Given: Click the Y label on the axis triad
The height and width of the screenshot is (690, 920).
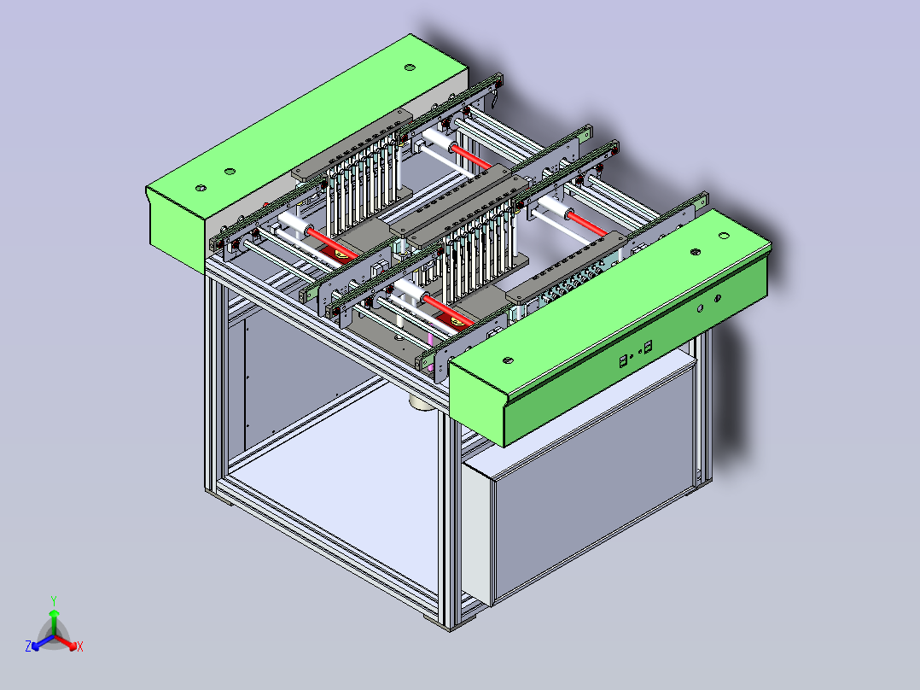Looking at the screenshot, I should tap(53, 600).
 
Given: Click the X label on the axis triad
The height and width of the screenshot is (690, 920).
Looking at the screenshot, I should tap(79, 647).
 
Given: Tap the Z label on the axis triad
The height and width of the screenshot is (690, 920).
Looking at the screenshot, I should tap(28, 647).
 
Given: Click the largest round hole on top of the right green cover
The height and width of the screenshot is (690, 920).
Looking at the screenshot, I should tap(695, 252).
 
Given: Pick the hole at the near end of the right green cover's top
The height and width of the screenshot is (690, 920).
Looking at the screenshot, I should tap(508, 360).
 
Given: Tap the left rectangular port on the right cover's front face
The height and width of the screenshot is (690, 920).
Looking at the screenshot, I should tap(624, 360).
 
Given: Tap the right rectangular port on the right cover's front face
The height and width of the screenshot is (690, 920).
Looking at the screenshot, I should tap(649, 346).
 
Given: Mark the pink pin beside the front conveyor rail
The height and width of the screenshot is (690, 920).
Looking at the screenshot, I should tap(431, 340).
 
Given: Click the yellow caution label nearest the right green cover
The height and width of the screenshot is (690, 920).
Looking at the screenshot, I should tap(458, 321).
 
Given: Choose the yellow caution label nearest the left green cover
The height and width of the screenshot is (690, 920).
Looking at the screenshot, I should tap(341, 253).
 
